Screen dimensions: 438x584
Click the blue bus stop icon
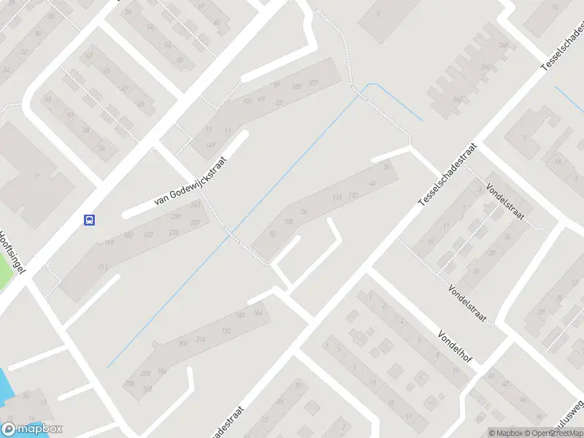tap(89, 219)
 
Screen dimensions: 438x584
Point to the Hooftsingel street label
tap(12, 253)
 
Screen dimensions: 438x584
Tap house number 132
tap(353, 195)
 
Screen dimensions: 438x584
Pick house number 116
tap(337, 198)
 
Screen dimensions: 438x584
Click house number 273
tap(173, 232)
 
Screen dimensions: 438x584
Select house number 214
tap(201, 339)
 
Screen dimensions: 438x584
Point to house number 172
tap(226, 331)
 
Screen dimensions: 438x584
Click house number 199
tap(109, 242)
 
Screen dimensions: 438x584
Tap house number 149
tap(212, 145)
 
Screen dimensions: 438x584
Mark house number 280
tap(145, 374)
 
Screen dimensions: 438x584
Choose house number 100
tap(288, 222)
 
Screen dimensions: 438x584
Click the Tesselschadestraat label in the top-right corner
tap(563, 46)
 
